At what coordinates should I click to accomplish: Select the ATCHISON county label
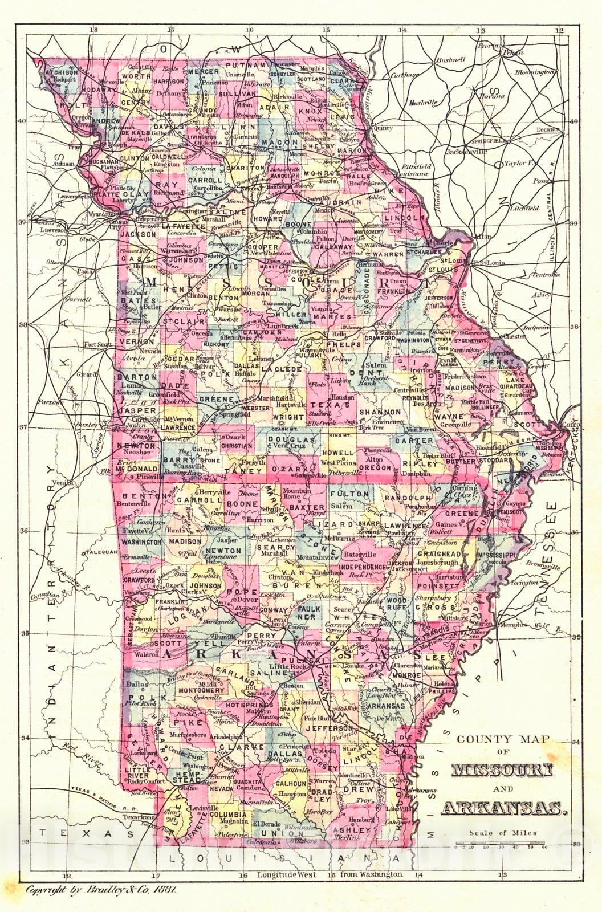61,73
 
